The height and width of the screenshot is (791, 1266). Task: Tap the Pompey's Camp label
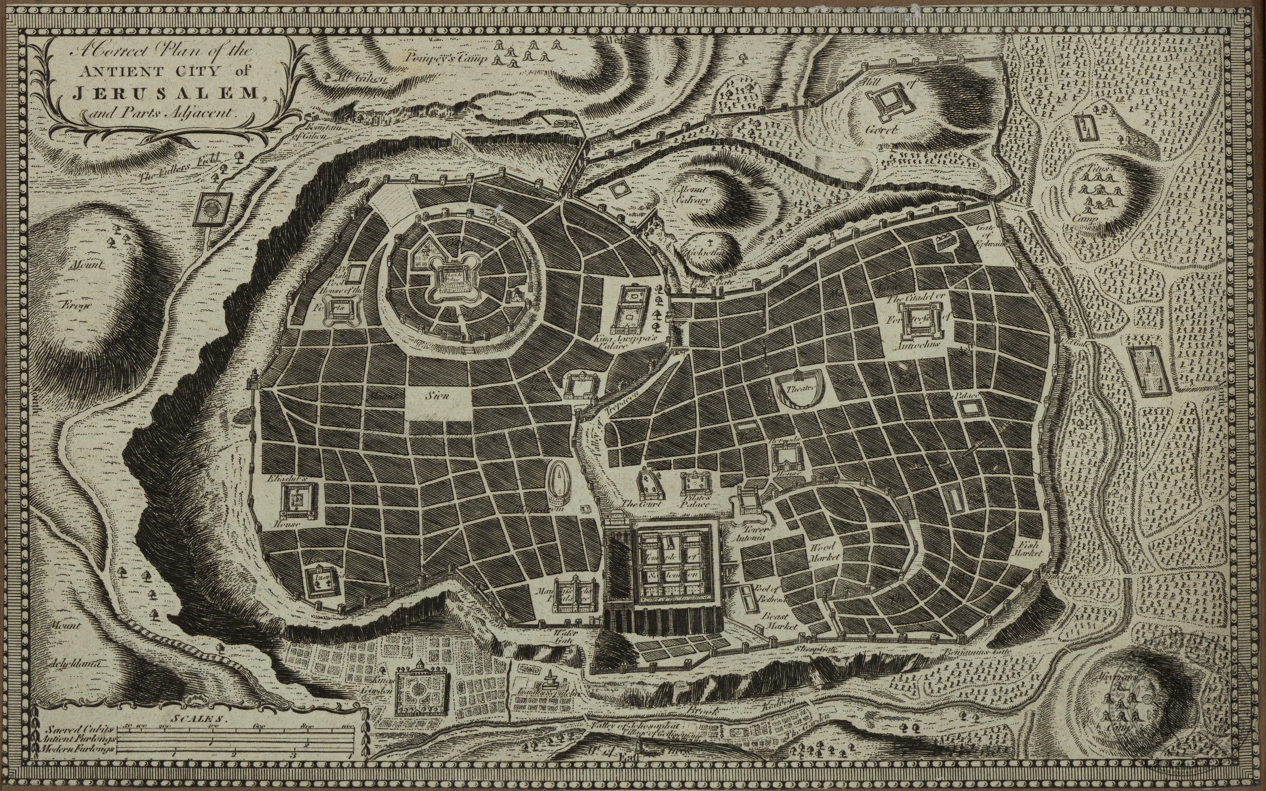(447, 57)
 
